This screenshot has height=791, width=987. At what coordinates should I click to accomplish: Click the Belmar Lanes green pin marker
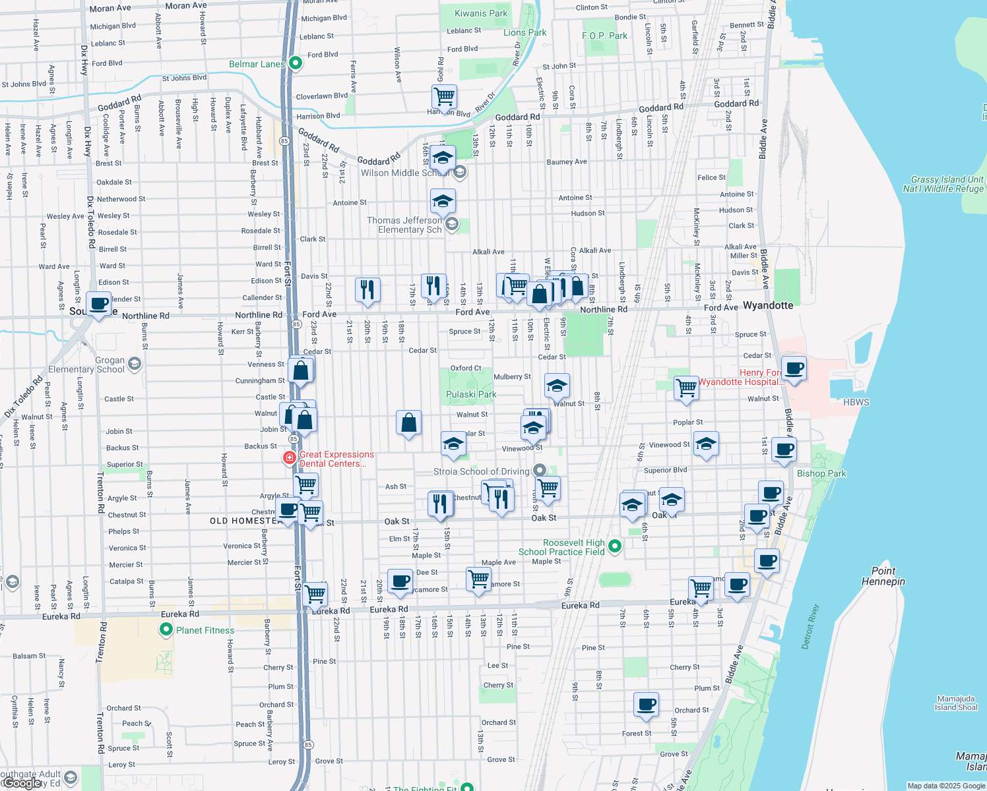point(296,63)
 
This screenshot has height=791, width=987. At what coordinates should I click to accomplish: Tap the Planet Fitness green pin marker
point(166,630)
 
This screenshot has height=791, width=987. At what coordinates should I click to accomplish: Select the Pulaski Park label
point(471,394)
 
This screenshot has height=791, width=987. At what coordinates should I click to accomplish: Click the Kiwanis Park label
point(481,13)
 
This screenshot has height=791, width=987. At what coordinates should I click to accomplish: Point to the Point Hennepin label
point(883,576)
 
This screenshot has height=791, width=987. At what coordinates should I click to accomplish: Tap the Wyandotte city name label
point(768,305)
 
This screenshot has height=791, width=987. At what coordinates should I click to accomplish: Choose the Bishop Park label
point(821,473)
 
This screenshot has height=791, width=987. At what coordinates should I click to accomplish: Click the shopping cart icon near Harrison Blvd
point(444,96)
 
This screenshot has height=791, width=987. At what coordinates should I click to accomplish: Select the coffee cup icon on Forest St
point(647,704)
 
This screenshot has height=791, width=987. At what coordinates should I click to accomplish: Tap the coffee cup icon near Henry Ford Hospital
point(794,368)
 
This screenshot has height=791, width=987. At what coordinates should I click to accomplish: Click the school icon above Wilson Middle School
point(443,158)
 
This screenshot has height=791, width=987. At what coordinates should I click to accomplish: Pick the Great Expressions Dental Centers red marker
point(289,457)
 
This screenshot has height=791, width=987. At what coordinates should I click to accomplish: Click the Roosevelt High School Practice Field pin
point(615,546)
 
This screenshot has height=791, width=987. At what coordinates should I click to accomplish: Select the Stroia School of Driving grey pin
point(540,471)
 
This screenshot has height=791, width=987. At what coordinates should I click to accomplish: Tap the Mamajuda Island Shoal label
point(956,703)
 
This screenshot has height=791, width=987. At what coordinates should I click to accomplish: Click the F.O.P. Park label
point(604,36)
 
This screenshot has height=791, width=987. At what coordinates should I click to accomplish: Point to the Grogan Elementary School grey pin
point(135,364)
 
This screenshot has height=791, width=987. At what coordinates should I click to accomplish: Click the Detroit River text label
point(810,626)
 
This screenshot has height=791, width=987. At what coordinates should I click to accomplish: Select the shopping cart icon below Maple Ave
point(478,579)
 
